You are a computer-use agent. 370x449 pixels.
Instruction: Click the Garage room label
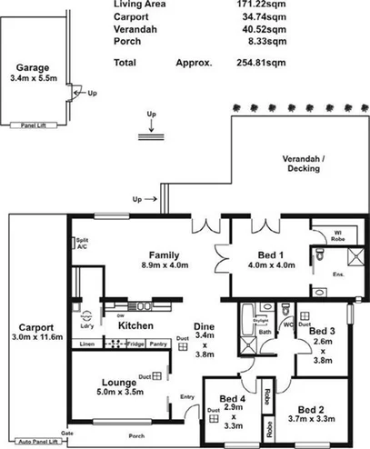click(32, 66)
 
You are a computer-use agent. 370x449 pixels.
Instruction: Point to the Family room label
click(165, 254)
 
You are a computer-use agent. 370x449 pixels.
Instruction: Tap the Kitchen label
click(135, 324)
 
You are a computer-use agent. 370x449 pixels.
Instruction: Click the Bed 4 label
click(233, 399)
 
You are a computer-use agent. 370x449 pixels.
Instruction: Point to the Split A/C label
click(83, 244)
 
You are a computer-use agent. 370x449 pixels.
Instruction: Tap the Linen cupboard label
click(87, 344)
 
